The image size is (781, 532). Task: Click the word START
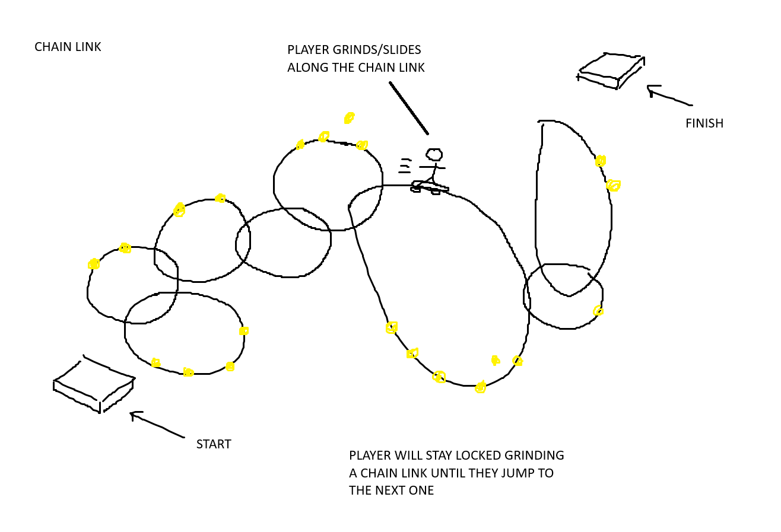tap(214, 444)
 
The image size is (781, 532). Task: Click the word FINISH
tap(704, 123)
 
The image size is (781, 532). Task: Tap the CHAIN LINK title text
tap(68, 47)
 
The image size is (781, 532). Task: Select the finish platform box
tap(611, 71)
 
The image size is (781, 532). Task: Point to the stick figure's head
tap(434, 155)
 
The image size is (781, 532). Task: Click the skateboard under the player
tap(430, 188)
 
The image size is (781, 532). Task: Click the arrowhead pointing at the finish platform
tap(651, 90)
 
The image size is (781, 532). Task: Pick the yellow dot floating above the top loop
tap(349, 118)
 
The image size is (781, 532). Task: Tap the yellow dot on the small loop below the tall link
tap(598, 311)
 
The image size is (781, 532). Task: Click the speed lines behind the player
tap(405, 165)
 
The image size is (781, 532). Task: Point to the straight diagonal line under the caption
tap(408, 108)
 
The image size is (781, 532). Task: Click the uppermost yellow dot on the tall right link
tap(601, 161)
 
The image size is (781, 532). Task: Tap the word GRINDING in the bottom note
tap(534, 455)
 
